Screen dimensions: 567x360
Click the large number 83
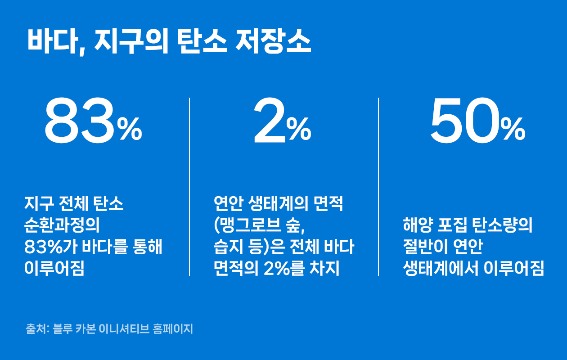click(x=80, y=121)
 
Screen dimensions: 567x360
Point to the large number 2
click(x=270, y=121)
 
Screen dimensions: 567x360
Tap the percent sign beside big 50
click(x=513, y=129)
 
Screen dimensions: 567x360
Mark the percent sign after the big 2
click(x=299, y=129)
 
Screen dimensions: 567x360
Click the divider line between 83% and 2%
click(x=189, y=187)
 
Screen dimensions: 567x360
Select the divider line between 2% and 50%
click(x=378, y=187)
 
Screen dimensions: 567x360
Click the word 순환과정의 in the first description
click(x=62, y=225)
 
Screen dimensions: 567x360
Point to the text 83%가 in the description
click(x=51, y=247)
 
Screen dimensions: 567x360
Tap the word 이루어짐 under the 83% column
click(x=54, y=268)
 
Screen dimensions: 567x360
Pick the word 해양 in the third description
click(x=418, y=225)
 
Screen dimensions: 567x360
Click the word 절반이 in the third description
click(x=426, y=247)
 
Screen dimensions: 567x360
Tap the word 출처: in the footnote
click(x=37, y=328)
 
